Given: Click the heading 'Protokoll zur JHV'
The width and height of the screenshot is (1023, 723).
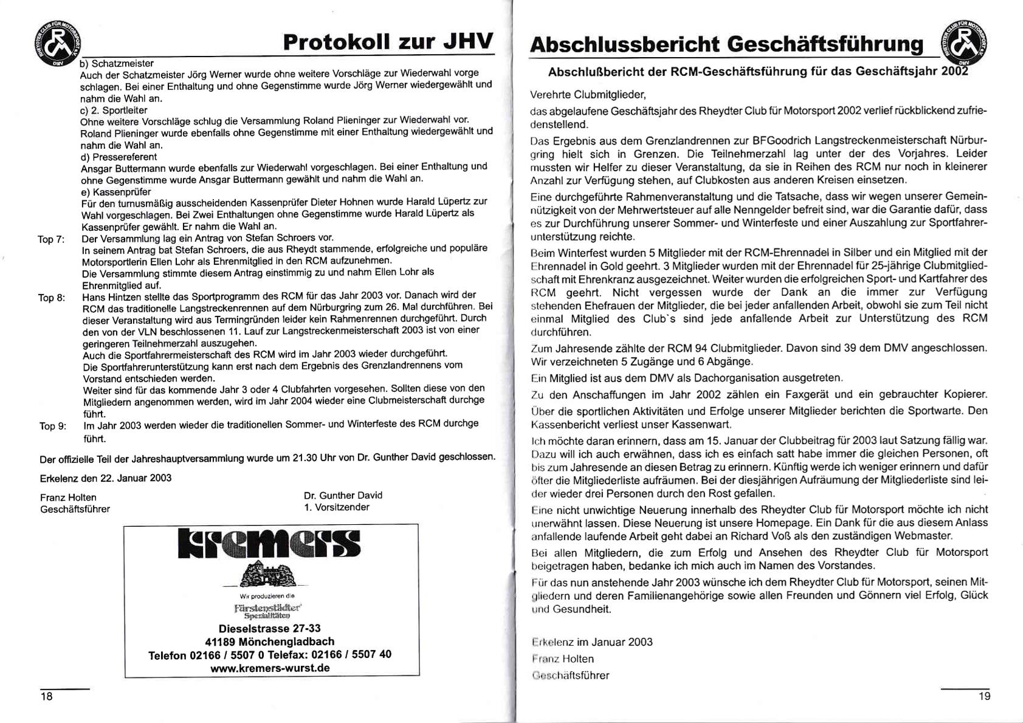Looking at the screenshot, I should click(388, 43).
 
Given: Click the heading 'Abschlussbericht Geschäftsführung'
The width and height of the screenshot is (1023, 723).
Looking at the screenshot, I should click(726, 44).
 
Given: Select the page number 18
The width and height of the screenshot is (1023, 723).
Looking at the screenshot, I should click(47, 696).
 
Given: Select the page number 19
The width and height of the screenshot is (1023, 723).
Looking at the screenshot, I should click(984, 696).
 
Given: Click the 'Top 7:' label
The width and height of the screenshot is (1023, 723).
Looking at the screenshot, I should click(51, 239).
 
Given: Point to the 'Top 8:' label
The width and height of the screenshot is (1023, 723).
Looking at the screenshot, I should click(52, 298).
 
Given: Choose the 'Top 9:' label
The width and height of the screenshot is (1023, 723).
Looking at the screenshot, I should click(53, 426).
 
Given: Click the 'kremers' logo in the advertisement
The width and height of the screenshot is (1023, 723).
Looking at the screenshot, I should click(269, 544).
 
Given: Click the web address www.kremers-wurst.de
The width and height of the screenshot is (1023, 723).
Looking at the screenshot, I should click(270, 668).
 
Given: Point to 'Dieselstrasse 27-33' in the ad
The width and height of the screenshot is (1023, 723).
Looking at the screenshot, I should click(269, 628).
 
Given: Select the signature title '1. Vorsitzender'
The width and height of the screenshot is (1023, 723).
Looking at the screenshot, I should click(336, 507).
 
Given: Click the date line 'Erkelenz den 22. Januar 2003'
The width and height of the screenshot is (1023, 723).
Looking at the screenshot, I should click(106, 478).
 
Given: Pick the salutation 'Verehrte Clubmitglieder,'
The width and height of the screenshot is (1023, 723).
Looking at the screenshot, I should click(588, 95).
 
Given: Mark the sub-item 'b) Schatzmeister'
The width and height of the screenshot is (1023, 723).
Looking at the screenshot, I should click(117, 64).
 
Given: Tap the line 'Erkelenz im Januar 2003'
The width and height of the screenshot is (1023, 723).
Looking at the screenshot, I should click(591, 642).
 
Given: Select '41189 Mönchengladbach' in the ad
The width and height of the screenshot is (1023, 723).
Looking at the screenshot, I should click(269, 642).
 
